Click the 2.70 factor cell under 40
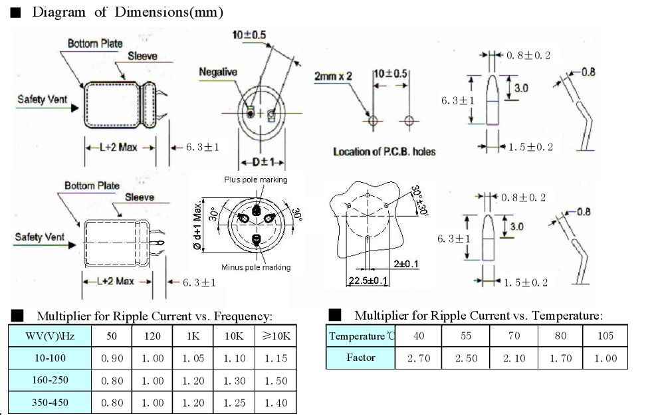tap(419, 358)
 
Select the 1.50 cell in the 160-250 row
tap(276, 381)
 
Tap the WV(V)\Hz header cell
tap(50, 336)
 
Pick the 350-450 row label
tap(50, 403)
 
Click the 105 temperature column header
tap(605, 336)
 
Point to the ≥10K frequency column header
tap(276, 336)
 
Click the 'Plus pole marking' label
tap(256, 179)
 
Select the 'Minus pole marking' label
tap(256, 267)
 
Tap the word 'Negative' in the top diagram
tap(218, 72)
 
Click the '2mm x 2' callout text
tap(333, 76)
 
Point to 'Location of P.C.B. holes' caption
tap(384, 152)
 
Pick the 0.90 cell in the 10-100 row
tap(112, 358)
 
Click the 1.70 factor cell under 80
tap(560, 358)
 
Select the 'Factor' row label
tap(361, 358)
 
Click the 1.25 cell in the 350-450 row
tap(233, 403)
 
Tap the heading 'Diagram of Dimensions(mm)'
tap(127, 12)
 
